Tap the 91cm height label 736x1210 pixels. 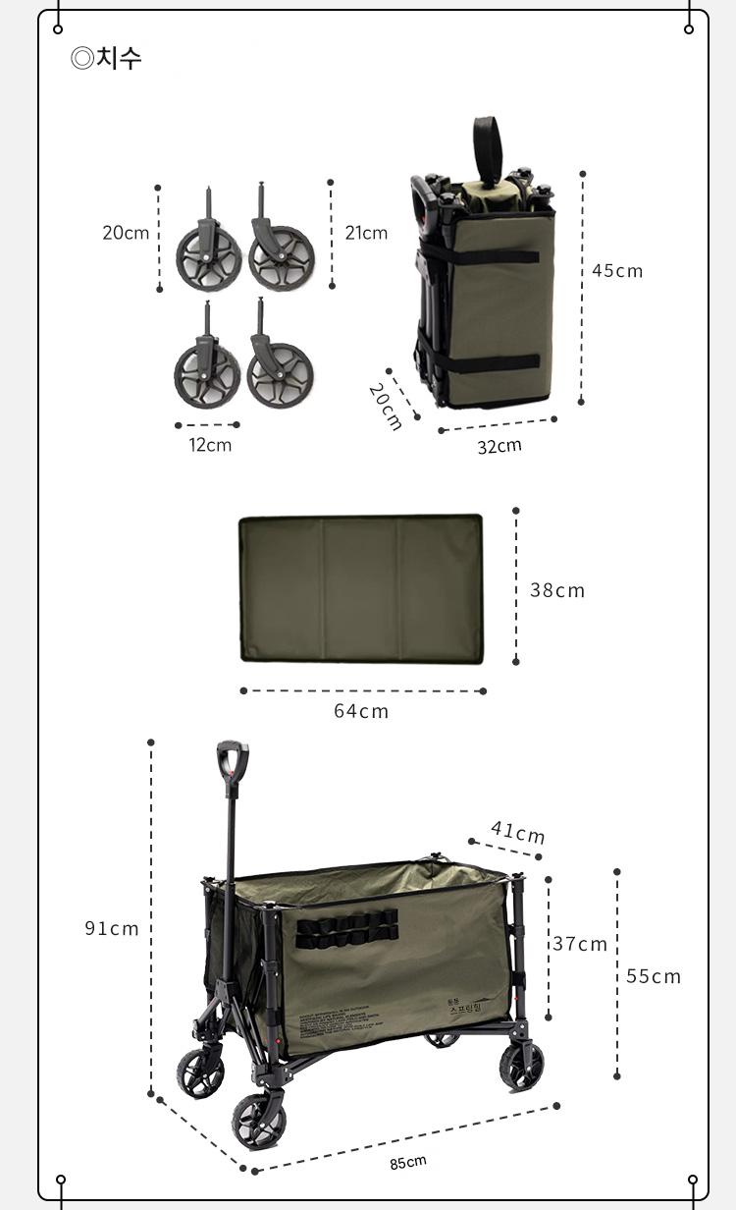pyautogui.click(x=111, y=928)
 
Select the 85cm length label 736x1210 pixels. pyautogui.click(x=408, y=1162)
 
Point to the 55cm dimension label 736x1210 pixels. pyautogui.click(x=653, y=976)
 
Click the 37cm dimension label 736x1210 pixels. pyautogui.click(x=579, y=944)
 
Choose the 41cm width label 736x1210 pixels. pyautogui.click(x=517, y=833)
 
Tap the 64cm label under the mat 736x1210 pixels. pyautogui.click(x=361, y=711)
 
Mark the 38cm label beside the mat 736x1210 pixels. pyautogui.click(x=556, y=590)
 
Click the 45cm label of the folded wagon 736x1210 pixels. pyautogui.click(x=617, y=271)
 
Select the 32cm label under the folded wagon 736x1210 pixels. pyautogui.click(x=499, y=446)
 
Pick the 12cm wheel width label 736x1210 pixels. pyautogui.click(x=210, y=445)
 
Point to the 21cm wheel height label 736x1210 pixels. pyautogui.click(x=366, y=233)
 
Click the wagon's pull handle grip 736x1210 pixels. pyautogui.click(x=233, y=757)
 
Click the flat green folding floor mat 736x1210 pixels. pyautogui.click(x=361, y=589)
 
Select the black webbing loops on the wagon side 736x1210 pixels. pyautogui.click(x=346, y=928)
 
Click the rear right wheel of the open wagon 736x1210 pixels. pyautogui.click(x=521, y=1065)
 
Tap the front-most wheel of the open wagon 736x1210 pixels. pyautogui.click(x=258, y=1121)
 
